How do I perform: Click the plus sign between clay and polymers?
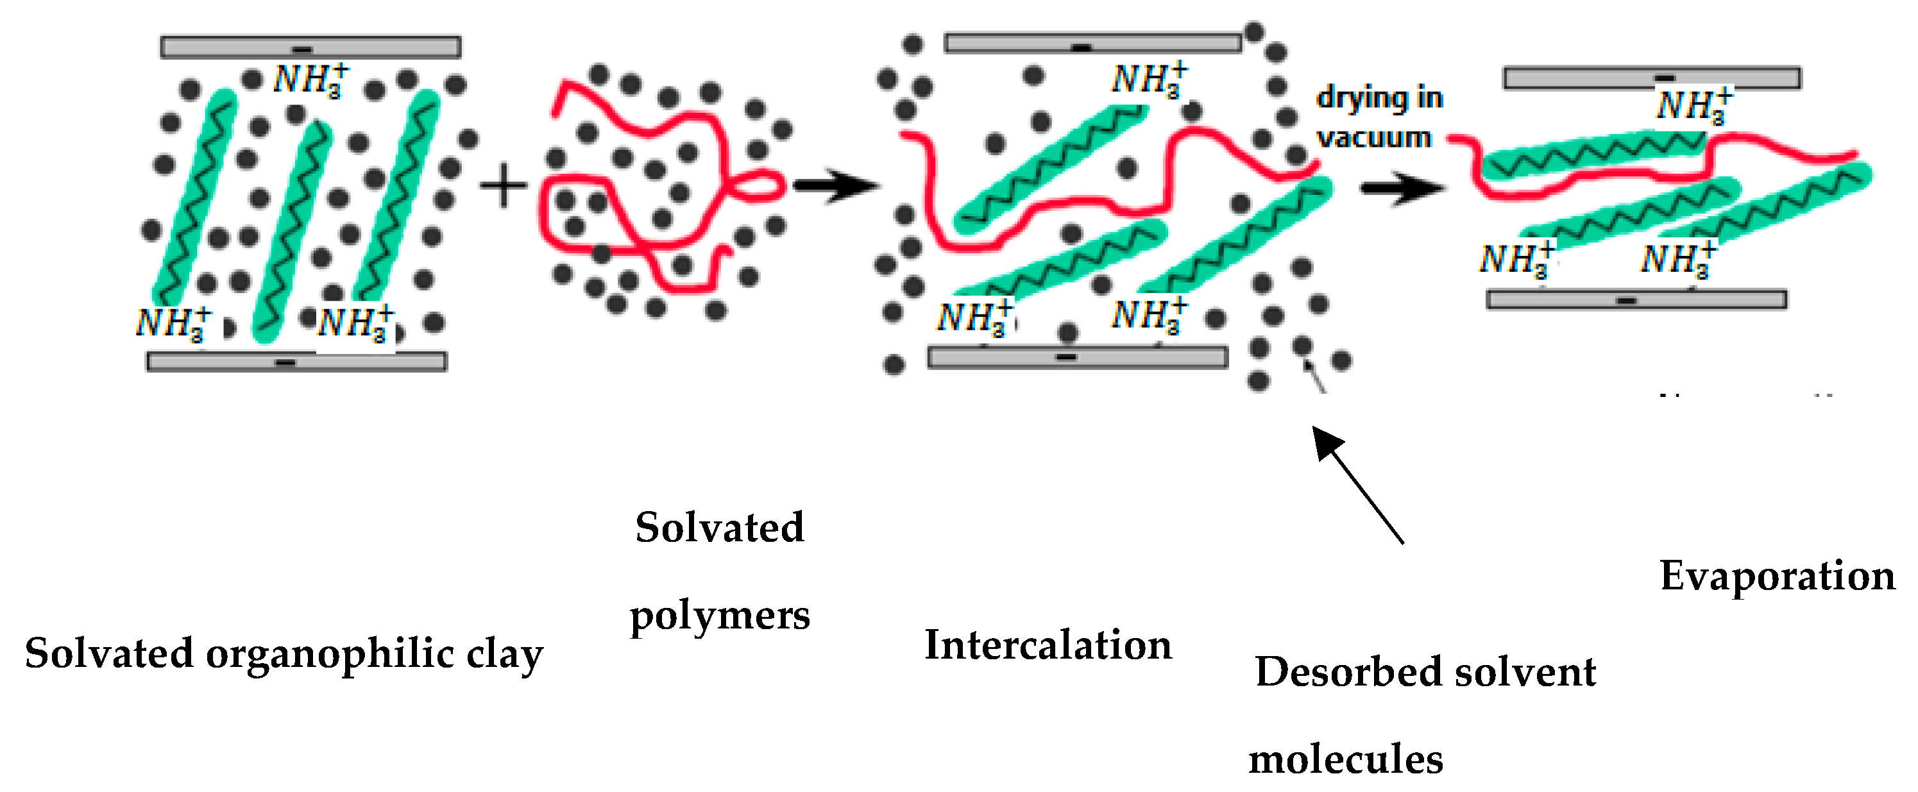tap(504, 185)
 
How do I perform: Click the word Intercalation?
tap(1048, 645)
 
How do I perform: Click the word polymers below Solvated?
tap(719, 616)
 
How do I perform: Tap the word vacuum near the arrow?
tap(1374, 138)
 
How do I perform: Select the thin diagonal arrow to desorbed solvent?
tap(1358, 485)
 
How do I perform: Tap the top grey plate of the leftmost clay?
tap(310, 47)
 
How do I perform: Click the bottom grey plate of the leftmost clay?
tap(296, 362)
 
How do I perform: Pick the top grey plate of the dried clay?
tap(1651, 78)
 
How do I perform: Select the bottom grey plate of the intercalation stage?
tap(1078, 358)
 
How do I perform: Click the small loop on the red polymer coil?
tap(760, 185)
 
